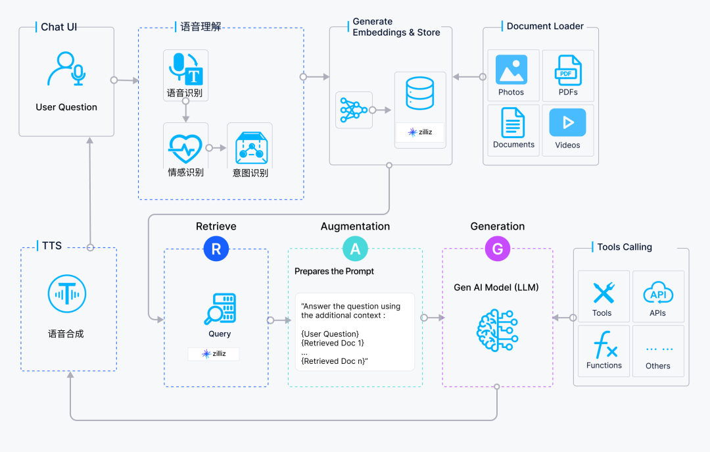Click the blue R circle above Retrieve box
(216, 249)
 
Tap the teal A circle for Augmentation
(355, 249)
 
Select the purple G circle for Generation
(497, 249)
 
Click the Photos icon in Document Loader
(511, 70)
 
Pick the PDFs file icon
(567, 70)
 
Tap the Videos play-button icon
(567, 122)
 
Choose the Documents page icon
(513, 122)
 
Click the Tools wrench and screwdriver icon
(603, 292)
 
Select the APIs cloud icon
(657, 292)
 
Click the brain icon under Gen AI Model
(497, 330)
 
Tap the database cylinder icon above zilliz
(419, 93)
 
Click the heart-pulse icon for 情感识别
(185, 149)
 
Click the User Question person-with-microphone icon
(66, 69)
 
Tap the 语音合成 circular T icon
(66, 294)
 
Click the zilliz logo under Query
(214, 354)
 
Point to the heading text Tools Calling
(625, 247)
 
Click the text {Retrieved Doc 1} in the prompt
(332, 343)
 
